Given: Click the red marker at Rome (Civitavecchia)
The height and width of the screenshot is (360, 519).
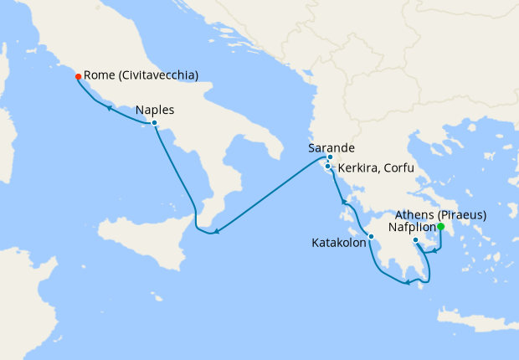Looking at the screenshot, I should coord(78,76).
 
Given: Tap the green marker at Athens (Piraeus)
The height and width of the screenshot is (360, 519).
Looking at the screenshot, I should coord(441,226).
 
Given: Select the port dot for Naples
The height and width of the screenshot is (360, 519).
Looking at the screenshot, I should coord(154,123).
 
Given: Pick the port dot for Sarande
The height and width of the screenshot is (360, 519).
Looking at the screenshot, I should coord(330,157).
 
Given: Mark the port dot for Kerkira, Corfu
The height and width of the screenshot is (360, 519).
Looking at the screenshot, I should coord(327,167).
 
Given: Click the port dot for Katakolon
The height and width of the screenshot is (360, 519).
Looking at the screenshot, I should coord(371,236).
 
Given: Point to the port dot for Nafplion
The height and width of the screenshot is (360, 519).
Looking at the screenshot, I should coord(416,241).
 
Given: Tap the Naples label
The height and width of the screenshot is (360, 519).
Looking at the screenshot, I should coord(156,109).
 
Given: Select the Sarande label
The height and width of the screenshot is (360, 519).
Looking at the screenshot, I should coord(327,147).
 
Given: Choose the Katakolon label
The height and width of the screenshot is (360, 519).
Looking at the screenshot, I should coord(339,244).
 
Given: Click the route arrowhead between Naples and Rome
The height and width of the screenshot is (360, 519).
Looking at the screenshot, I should coord(108,106).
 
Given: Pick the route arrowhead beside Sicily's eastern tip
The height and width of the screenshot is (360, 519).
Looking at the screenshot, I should coord(216,232).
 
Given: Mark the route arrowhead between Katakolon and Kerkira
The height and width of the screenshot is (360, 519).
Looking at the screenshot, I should coord(342,201).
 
